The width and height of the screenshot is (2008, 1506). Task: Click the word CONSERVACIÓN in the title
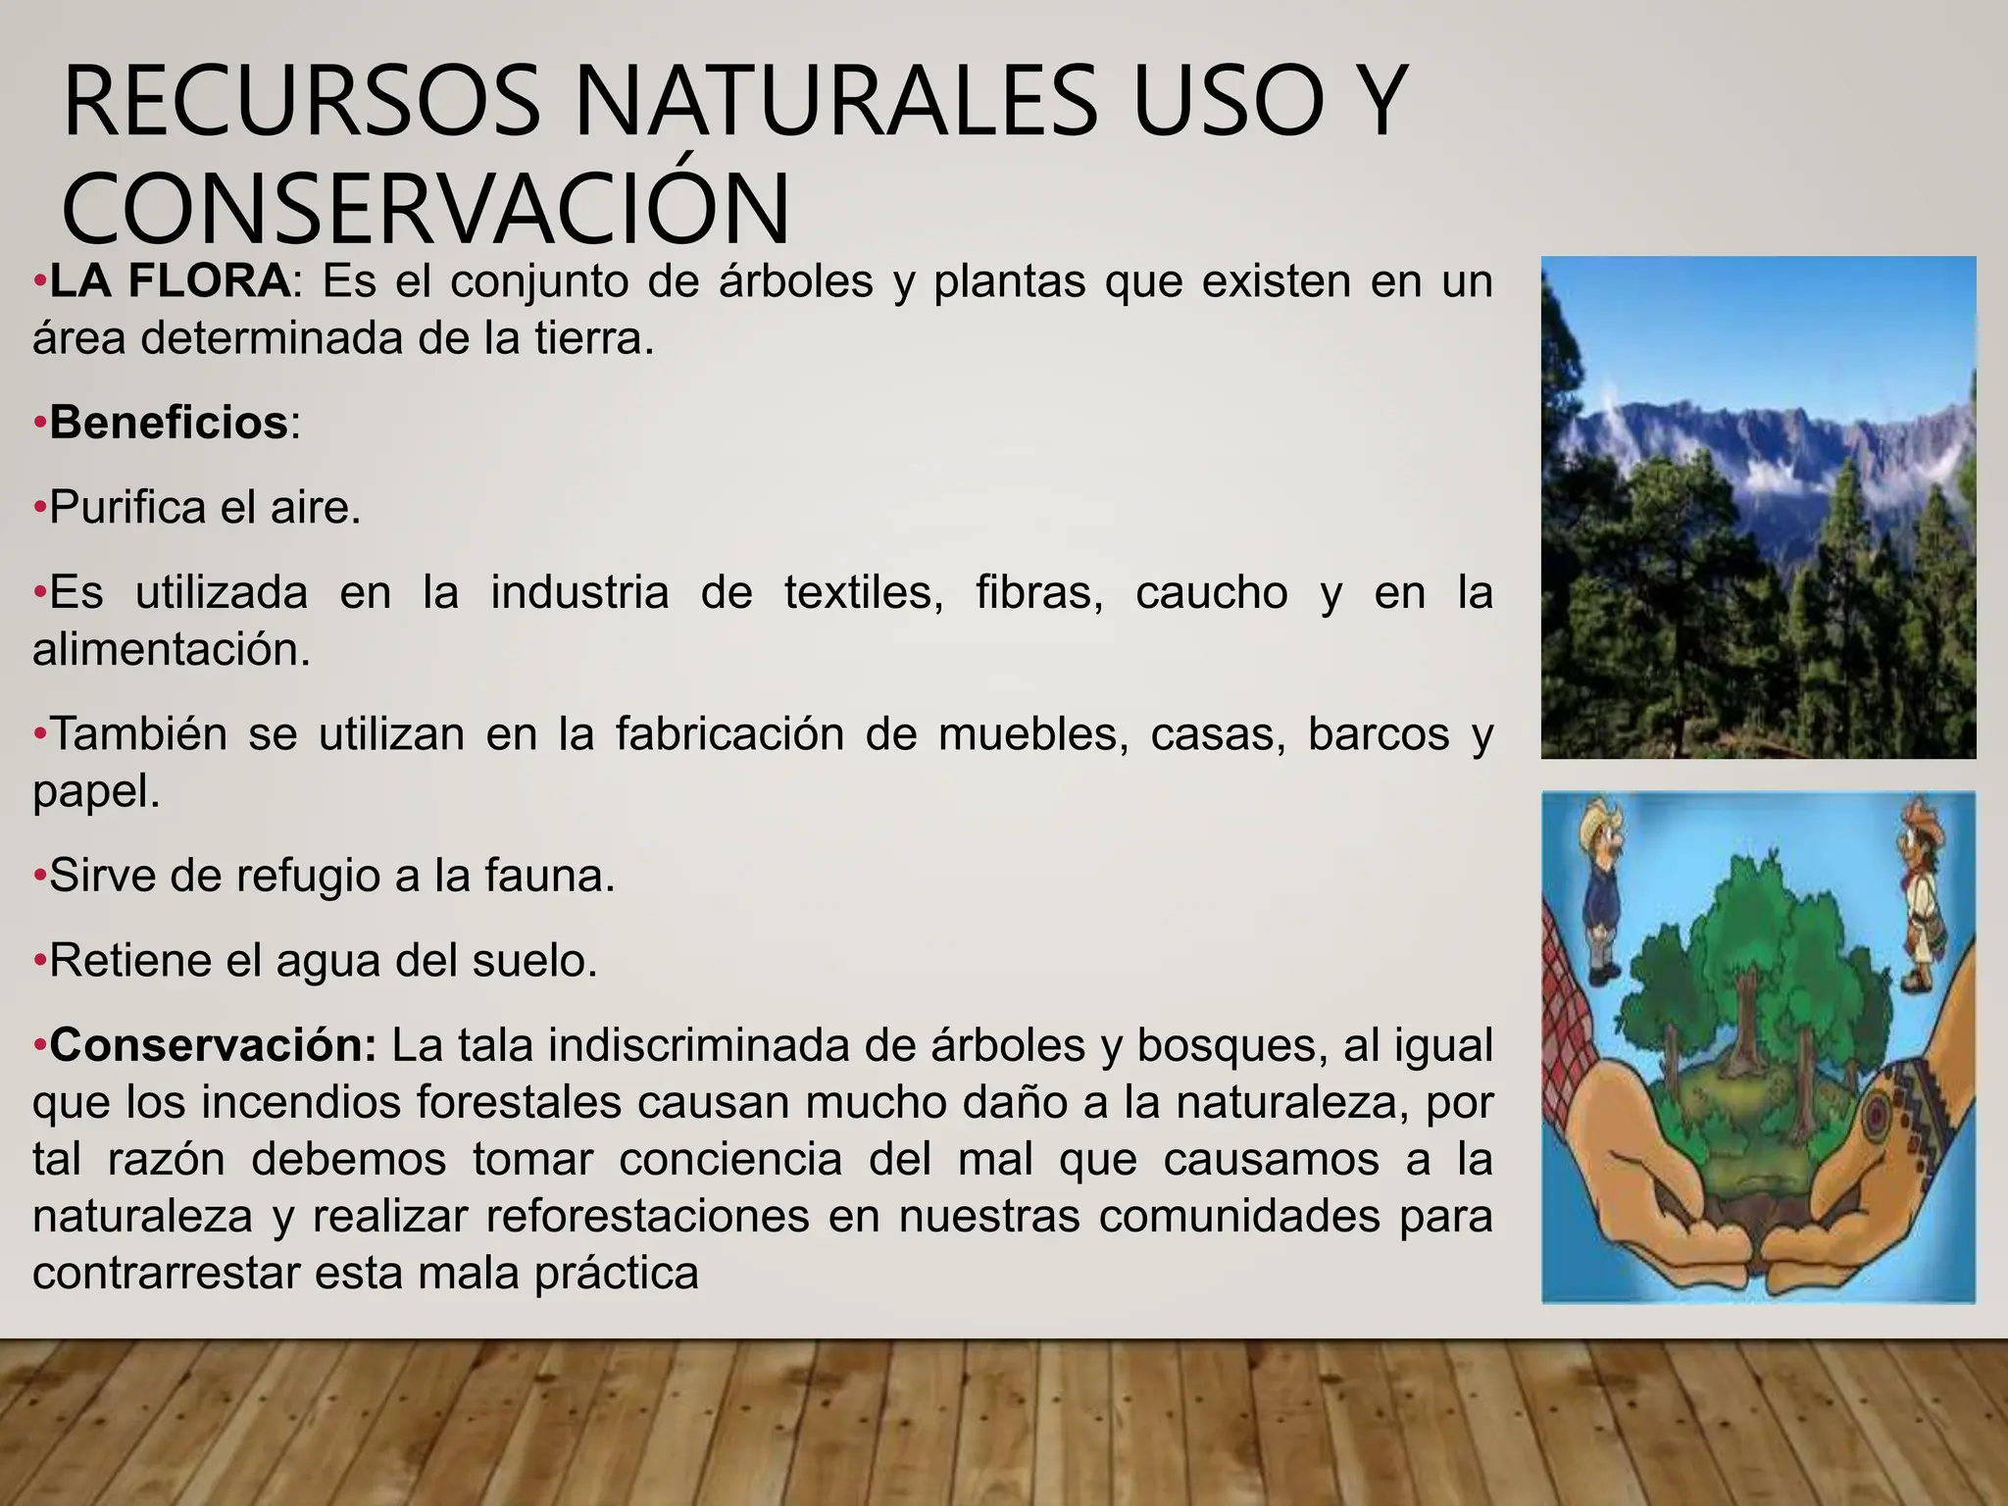426,209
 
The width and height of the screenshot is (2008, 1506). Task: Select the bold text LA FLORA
170,282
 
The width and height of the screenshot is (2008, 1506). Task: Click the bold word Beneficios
169,424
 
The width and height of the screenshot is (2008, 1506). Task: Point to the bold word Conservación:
213,1046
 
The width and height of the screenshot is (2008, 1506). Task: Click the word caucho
1211,593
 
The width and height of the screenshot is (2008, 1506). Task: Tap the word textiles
864,593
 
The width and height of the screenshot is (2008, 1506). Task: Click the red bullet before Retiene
40,962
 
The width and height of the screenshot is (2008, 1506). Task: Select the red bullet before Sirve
40,877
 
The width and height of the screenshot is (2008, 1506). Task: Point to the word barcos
1378,734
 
